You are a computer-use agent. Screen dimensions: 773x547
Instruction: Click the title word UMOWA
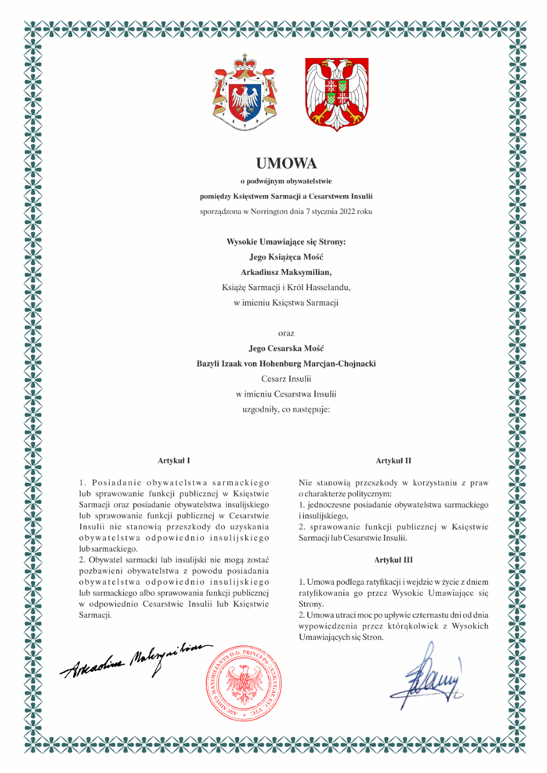[x=285, y=164]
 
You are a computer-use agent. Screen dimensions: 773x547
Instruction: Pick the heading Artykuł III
[x=394, y=560]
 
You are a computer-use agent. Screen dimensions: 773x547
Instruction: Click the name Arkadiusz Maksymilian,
[x=285, y=271]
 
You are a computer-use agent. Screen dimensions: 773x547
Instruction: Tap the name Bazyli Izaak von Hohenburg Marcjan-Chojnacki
[x=285, y=363]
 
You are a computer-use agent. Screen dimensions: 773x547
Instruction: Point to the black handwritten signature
[x=134, y=658]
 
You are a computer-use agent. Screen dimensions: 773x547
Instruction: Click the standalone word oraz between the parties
[x=285, y=332]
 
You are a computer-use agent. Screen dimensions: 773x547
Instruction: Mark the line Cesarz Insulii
[x=285, y=378]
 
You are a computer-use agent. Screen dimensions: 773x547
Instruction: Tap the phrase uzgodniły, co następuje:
[x=285, y=408]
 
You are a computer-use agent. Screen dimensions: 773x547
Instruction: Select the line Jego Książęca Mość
[x=285, y=256]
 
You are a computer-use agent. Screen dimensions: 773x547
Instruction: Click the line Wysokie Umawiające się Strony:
[x=285, y=241]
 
